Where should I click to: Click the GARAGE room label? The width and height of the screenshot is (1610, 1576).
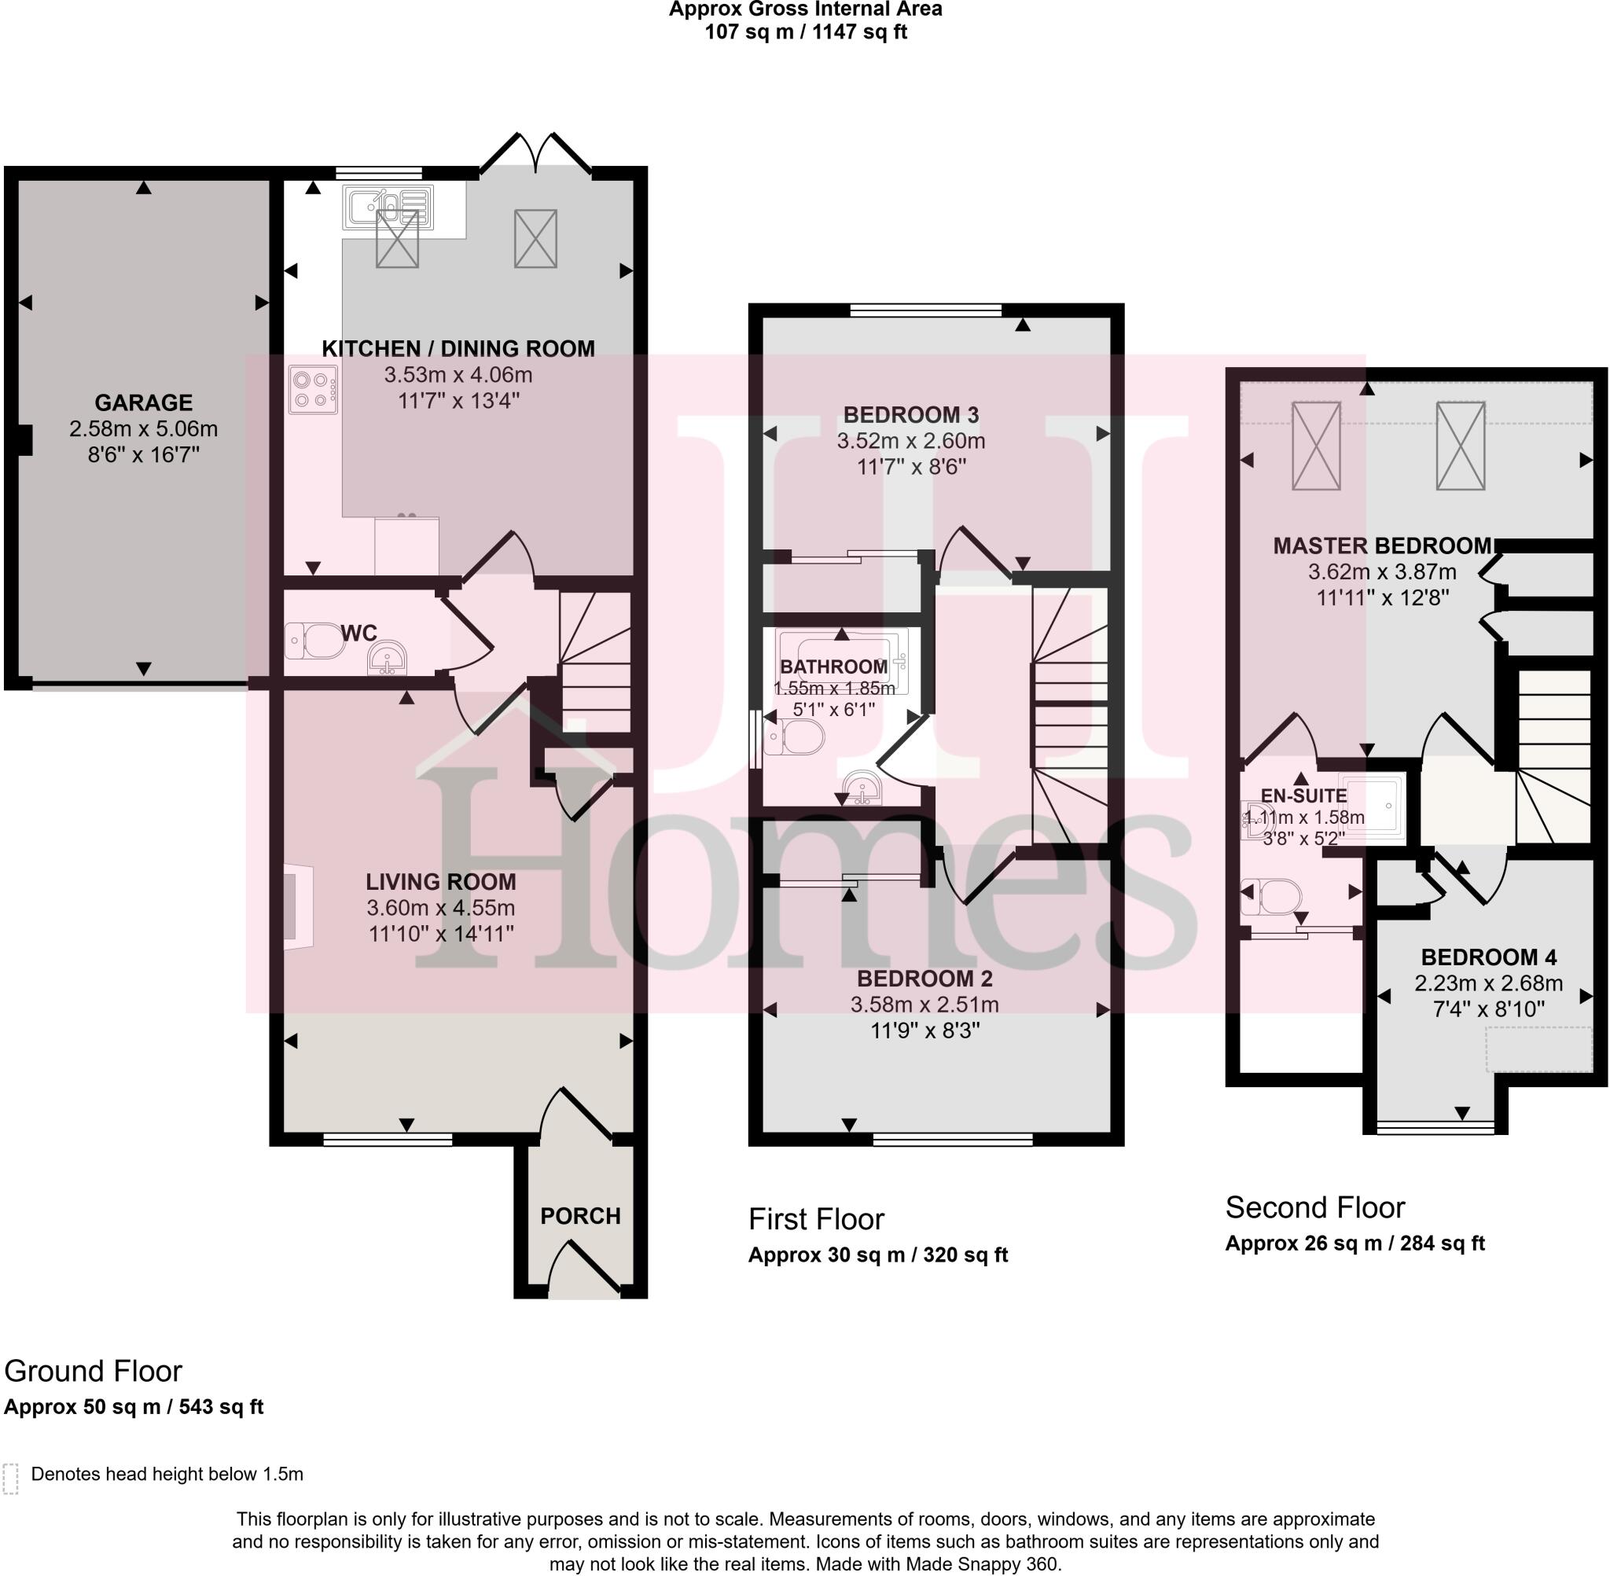(143, 403)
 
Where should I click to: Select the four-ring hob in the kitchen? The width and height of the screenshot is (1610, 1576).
(314, 390)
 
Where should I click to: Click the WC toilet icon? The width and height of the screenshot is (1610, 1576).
(315, 641)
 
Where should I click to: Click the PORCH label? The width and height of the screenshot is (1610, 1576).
(580, 1216)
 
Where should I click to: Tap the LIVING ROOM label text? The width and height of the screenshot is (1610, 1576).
(440, 881)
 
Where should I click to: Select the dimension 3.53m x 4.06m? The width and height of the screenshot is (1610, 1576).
(458, 375)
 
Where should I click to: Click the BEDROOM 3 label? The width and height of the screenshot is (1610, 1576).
(910, 415)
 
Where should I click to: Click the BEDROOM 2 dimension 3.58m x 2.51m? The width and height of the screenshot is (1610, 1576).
(924, 1005)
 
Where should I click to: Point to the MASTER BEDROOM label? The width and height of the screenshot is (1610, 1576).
(1381, 546)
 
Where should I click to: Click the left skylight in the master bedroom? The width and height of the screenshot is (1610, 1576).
(1316, 446)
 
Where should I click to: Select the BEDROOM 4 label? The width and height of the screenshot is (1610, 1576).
(1488, 957)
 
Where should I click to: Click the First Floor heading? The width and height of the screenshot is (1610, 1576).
(816, 1219)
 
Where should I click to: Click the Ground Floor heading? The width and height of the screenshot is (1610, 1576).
(93, 1372)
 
